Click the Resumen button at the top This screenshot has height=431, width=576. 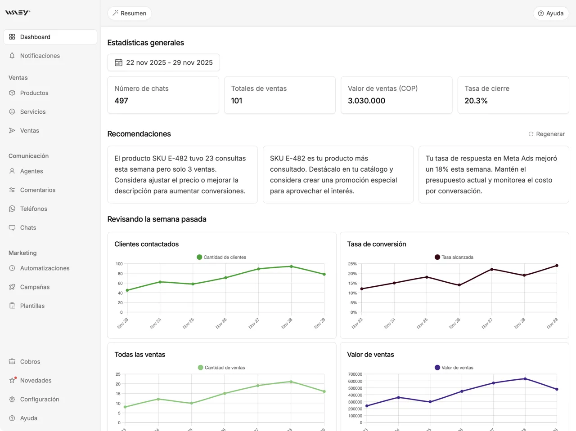(x=130, y=13)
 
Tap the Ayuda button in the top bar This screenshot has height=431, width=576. (x=551, y=13)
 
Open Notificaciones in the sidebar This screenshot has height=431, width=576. (x=40, y=56)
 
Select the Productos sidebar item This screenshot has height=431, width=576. (x=34, y=93)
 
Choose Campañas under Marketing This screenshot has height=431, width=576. (x=35, y=287)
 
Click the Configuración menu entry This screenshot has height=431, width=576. (x=39, y=400)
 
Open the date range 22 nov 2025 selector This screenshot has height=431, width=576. (x=163, y=62)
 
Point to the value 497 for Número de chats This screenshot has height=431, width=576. (x=121, y=101)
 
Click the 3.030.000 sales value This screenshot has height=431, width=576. (x=366, y=101)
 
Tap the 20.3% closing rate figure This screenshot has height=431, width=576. (x=476, y=101)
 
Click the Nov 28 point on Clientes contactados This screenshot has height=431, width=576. (x=291, y=267)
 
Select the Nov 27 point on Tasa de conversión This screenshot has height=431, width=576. (x=491, y=269)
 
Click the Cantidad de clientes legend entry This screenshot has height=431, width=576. (x=221, y=257)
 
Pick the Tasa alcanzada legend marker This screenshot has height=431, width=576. (x=437, y=257)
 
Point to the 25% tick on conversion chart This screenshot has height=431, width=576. (x=352, y=264)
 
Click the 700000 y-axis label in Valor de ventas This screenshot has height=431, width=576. (x=355, y=374)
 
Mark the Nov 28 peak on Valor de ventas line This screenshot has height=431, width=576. (x=525, y=379)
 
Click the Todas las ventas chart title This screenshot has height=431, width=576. (x=139, y=355)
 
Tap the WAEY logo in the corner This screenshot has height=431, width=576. (x=18, y=13)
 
